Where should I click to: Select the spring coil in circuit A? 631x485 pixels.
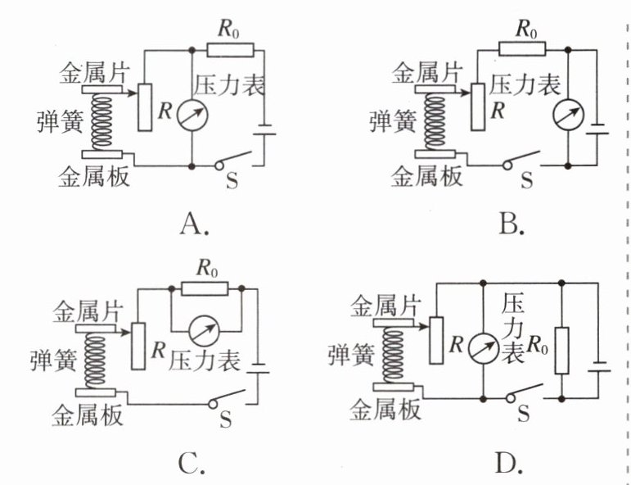(x=102, y=121)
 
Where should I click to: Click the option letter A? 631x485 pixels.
(x=193, y=223)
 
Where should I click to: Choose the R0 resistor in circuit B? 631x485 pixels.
(x=521, y=48)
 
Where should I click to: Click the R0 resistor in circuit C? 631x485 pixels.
(x=205, y=288)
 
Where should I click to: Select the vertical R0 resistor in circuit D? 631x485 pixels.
(x=561, y=351)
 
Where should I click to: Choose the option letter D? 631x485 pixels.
(x=507, y=464)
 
